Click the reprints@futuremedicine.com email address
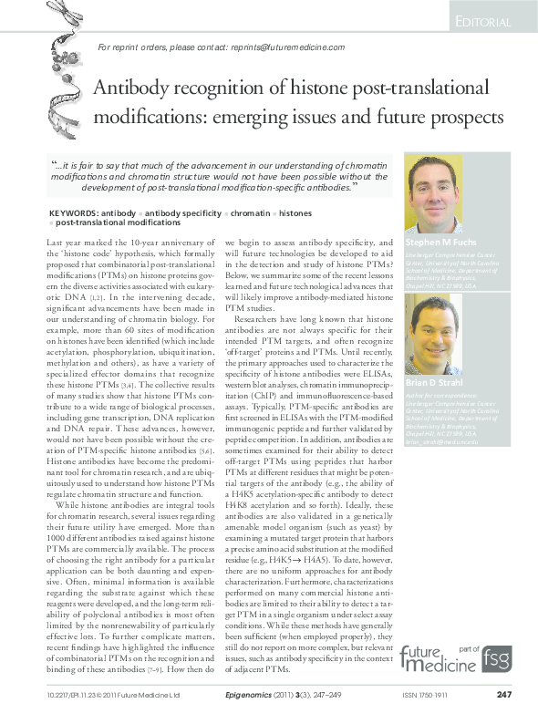(x=286, y=47)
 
